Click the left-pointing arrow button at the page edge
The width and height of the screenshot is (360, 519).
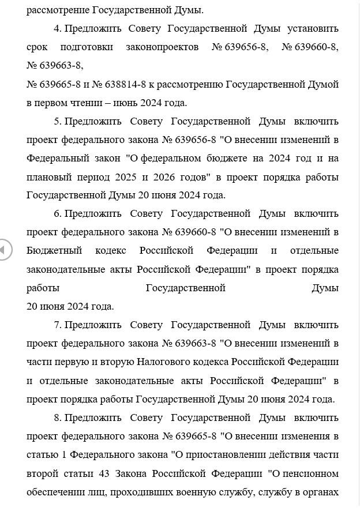tap(3, 250)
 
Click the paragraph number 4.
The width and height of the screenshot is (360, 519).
tap(57, 29)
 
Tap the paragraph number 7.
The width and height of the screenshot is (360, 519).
tap(57, 325)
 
